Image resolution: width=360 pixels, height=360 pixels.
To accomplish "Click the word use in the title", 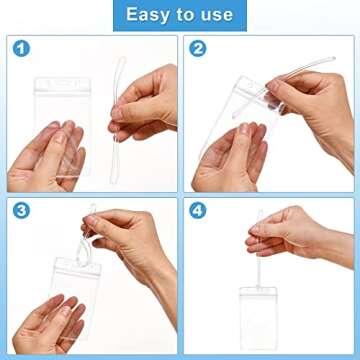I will (x=213, y=15).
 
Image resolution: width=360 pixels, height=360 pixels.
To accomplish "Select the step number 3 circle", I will (x=20, y=211).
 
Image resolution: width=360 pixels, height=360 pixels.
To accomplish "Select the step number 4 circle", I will (x=198, y=211).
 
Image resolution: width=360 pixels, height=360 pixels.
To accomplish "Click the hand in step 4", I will (x=310, y=235).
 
